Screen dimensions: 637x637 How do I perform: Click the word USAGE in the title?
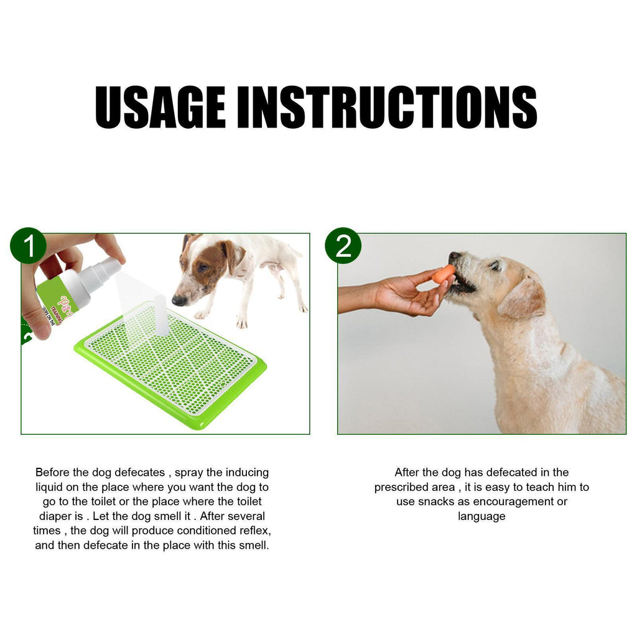pos(160,107)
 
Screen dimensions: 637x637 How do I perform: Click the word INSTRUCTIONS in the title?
pos(387,107)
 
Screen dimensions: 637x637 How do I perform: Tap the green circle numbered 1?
pos(28,246)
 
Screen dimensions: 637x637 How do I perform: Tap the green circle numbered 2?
pos(343,246)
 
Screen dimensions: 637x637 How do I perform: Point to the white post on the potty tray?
pos(160,315)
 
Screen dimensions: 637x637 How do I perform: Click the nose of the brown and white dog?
pos(178,301)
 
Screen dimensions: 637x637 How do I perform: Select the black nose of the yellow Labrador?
pos(453,256)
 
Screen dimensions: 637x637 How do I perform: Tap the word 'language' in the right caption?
pos(481,516)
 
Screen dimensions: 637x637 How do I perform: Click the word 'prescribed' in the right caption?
pos(406,487)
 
